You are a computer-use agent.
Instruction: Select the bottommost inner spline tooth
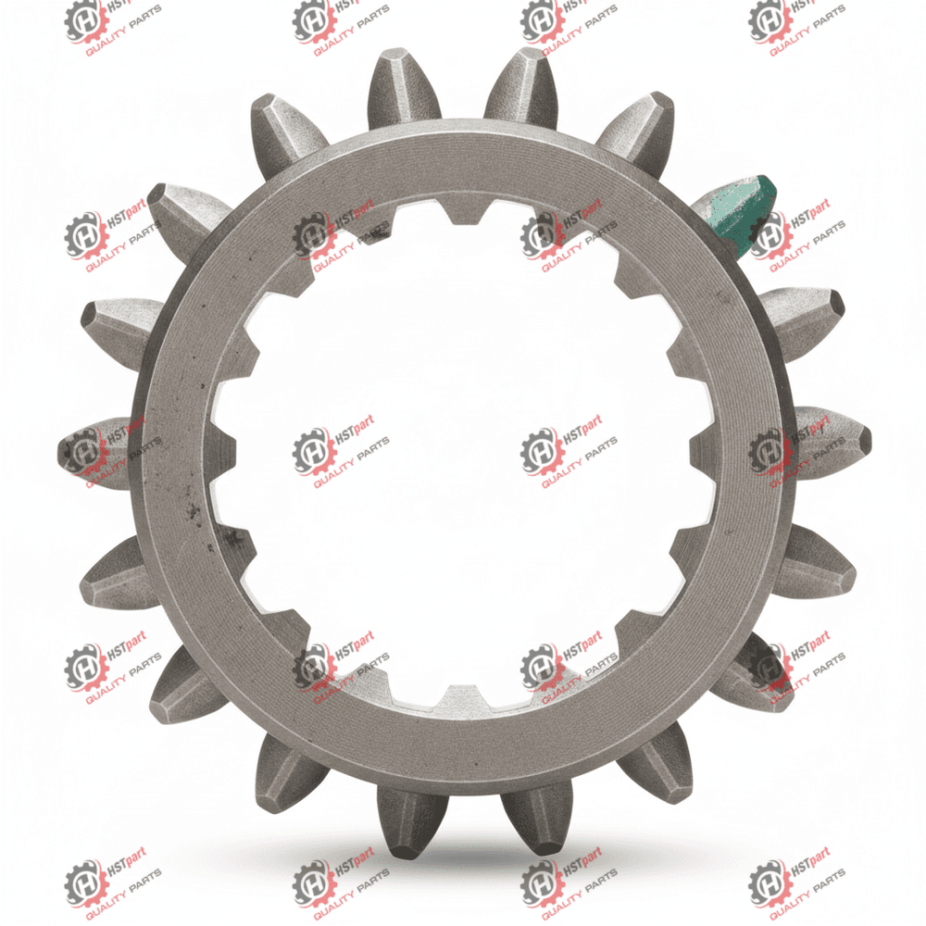[x=464, y=697]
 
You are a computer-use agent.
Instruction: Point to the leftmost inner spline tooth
[x=222, y=455]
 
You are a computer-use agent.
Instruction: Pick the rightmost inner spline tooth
[x=703, y=455]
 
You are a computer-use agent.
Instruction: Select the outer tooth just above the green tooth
[x=638, y=130]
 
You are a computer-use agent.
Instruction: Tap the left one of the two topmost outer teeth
[x=403, y=89]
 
